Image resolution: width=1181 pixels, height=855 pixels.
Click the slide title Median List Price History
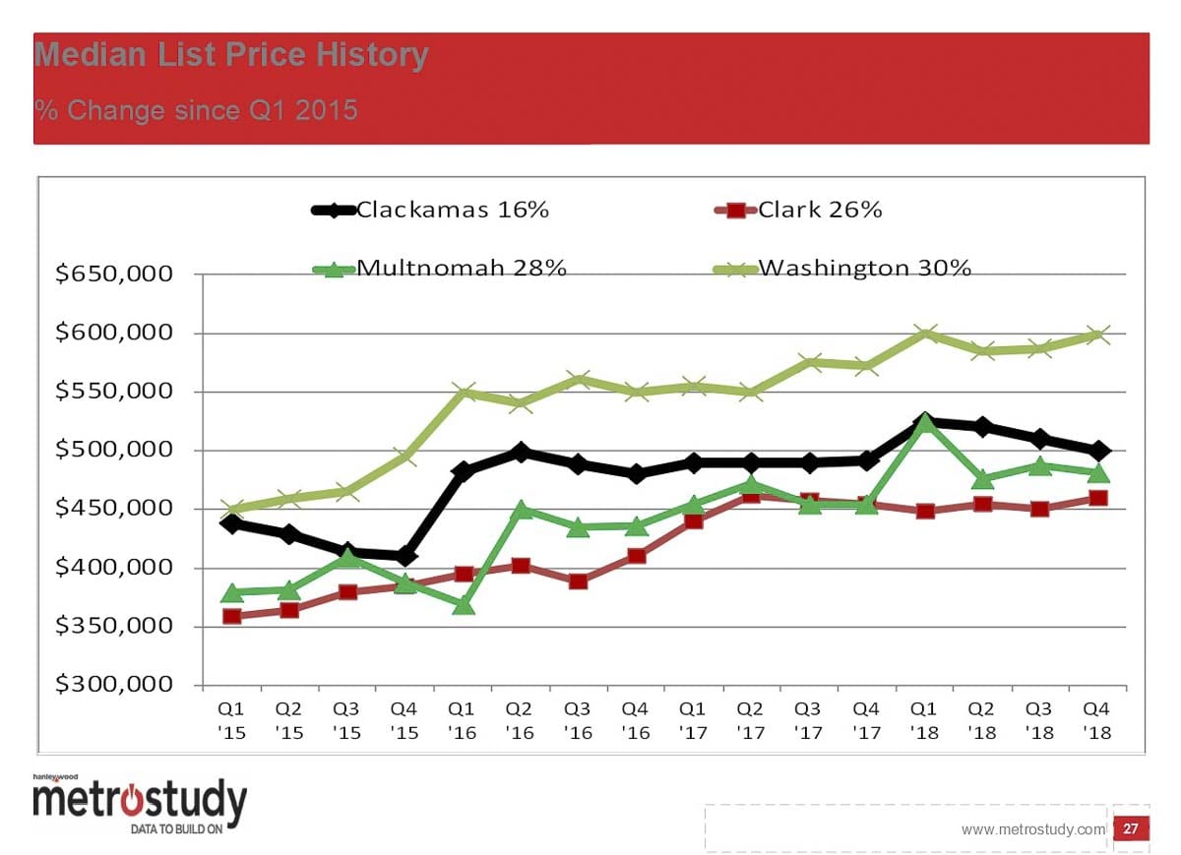point(231,56)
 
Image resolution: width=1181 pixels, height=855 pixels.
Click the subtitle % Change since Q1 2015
point(196,109)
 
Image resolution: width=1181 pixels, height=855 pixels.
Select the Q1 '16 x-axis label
point(462,719)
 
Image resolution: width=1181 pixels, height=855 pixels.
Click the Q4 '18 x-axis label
point(1098,719)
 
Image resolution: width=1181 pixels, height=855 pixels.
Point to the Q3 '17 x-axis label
point(809,719)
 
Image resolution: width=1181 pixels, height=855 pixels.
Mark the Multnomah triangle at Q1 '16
point(464,605)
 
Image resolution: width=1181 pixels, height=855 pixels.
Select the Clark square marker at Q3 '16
point(578,580)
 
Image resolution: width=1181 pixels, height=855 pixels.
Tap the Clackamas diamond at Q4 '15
point(405,556)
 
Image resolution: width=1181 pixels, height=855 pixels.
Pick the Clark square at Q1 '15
point(232,616)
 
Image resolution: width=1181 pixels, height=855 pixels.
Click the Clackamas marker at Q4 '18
point(1098,451)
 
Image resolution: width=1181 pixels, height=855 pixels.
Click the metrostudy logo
point(139,804)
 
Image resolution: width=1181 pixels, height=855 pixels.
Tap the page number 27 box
point(1131,828)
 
